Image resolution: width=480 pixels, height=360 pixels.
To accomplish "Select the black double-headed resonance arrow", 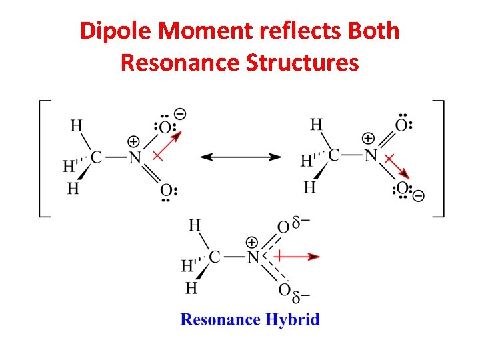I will pyautogui.click(x=241, y=157).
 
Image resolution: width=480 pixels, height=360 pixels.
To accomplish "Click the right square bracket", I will pyautogui.click(x=438, y=158).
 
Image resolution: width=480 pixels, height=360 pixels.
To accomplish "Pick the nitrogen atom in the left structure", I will pyautogui.click(x=135, y=158).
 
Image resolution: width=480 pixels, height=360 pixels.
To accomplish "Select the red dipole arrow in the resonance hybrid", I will pyautogui.click(x=297, y=256).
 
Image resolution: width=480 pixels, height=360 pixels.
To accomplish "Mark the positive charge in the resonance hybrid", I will pyautogui.click(x=252, y=242).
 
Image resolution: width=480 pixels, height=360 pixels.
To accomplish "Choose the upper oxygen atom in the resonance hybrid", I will pyautogui.click(x=284, y=227).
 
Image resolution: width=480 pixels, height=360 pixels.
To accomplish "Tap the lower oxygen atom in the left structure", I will pyautogui.click(x=166, y=190).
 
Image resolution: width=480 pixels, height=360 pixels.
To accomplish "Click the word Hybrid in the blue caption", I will pyautogui.click(x=293, y=319).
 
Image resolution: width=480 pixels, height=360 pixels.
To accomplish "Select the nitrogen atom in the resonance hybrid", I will pyautogui.click(x=253, y=257).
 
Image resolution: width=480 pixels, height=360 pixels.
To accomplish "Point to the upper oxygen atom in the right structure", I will pyautogui.click(x=401, y=125).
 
